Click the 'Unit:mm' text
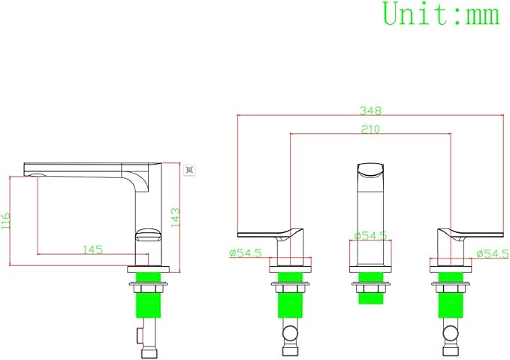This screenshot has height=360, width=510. pos(441,14)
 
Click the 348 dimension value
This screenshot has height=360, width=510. pos(370,110)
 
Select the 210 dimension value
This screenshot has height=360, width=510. pos(370,129)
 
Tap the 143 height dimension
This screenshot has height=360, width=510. pos(175,217)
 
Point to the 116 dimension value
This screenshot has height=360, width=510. pos(6,221)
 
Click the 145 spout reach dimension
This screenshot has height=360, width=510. pos(92,250)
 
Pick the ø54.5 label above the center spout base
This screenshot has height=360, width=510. pos(370,235)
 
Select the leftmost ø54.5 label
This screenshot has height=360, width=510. pos(246,253)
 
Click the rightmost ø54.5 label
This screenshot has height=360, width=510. pos(493,253)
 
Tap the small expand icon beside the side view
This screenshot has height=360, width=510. pos(189,170)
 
